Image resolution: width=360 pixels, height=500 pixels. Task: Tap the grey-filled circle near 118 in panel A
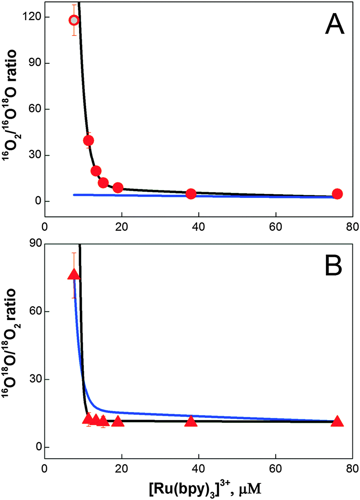tap(74, 20)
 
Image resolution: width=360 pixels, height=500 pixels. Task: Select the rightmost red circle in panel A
tap(337, 194)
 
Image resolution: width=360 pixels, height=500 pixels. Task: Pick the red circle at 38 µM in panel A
tap(191, 194)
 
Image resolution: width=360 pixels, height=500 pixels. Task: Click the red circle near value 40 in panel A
tap(88, 140)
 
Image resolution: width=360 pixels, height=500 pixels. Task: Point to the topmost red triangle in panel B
tap(74, 275)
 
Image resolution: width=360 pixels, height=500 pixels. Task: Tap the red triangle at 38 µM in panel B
tap(191, 421)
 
